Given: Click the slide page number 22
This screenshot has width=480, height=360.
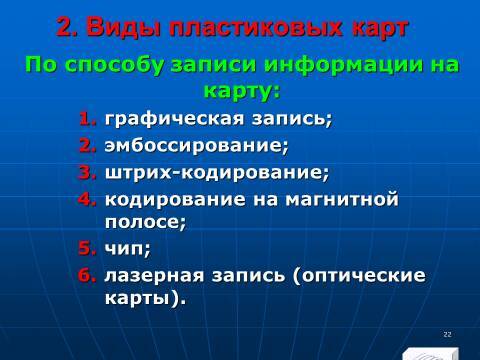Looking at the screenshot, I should click(x=447, y=333).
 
